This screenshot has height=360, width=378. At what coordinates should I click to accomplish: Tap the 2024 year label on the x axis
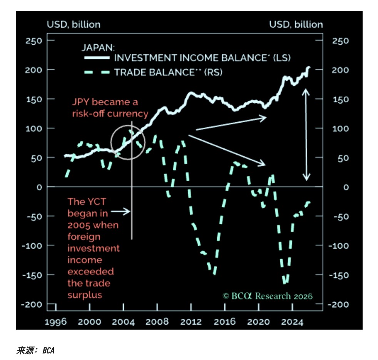[291, 322]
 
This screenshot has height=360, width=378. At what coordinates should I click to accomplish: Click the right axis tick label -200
[338, 305]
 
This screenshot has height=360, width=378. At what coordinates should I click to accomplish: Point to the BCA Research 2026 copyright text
[268, 296]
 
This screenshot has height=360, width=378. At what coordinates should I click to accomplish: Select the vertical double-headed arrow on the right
[306, 135]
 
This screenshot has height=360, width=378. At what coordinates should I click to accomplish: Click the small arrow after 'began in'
[121, 212]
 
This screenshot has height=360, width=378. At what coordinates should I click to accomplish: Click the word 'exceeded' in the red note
[91, 272]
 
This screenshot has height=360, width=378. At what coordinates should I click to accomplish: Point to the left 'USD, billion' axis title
[74, 25]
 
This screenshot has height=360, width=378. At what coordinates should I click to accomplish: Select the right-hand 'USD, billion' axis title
[296, 25]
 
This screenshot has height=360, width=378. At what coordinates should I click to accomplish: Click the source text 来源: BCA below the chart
[35, 350]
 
